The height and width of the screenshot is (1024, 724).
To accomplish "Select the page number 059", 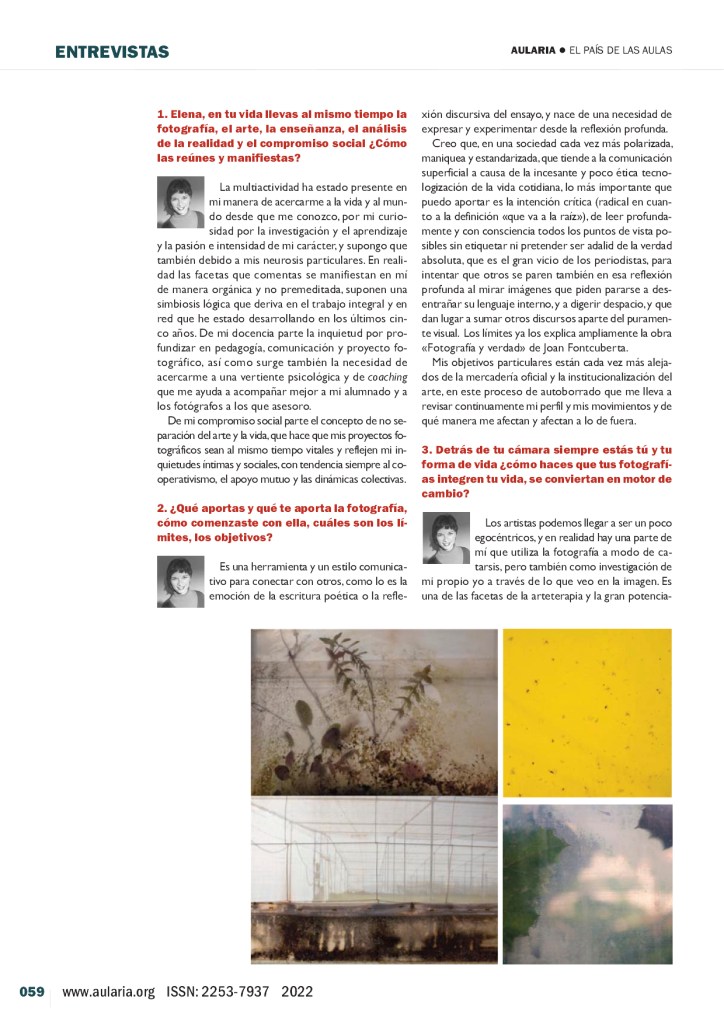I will [32, 992].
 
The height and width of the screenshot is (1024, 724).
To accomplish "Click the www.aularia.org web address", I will [108, 992].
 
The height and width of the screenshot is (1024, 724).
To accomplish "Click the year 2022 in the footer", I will [300, 992].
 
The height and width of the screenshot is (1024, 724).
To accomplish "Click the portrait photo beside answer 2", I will [181, 582].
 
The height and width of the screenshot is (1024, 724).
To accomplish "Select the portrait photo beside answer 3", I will [446, 538].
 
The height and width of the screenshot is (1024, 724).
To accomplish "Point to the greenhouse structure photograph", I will [374, 880].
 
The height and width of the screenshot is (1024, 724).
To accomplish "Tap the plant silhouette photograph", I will [374, 710].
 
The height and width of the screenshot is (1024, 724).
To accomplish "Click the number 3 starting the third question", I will [426, 450].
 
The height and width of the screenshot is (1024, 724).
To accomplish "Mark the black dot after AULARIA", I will [563, 51].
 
